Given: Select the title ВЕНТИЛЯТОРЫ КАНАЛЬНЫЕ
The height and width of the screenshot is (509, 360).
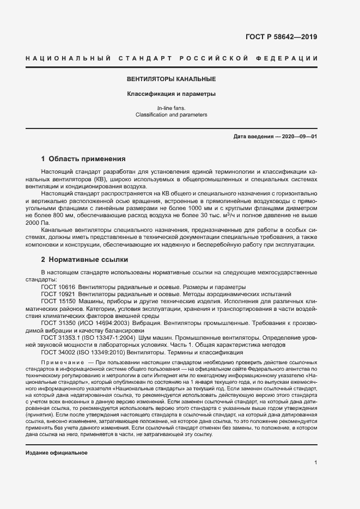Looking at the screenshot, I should [172, 79].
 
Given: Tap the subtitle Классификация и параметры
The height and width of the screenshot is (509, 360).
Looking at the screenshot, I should [172, 94].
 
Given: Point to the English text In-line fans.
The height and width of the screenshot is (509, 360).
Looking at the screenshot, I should [171, 108].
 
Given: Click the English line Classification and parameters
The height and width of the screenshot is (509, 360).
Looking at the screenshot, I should [171, 115].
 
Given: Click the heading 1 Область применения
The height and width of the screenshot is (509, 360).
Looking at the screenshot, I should [83, 160].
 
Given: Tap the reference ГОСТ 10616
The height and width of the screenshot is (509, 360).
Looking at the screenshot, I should [58, 286].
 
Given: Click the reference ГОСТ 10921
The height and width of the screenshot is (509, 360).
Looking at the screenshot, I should [58, 293].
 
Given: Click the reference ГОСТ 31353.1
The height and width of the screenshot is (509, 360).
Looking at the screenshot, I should [60, 338].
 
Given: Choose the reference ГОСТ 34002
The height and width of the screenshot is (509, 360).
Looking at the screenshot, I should [58, 352].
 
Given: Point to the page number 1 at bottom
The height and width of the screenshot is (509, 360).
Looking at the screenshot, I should [315, 462].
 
